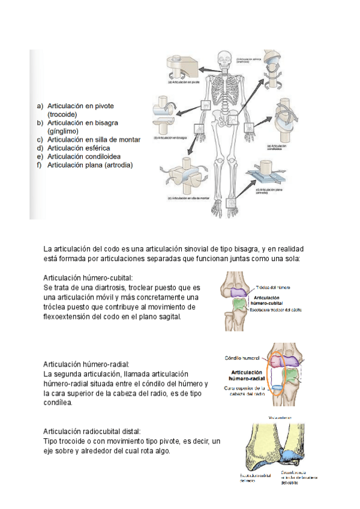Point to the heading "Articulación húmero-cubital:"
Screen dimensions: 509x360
(x=88, y=278)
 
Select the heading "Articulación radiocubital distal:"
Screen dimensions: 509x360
(x=92, y=431)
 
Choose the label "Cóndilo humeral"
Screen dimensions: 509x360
(x=242, y=358)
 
